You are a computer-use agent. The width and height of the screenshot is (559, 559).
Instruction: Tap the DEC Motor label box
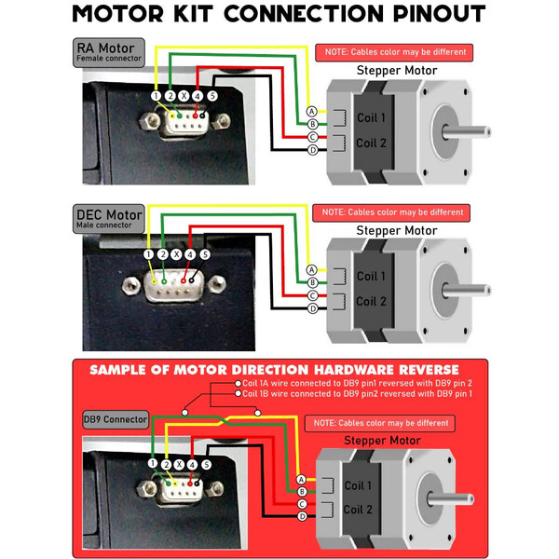pyautogui.click(x=109, y=220)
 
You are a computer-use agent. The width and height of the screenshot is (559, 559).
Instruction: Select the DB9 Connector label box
pyautogui.click(x=116, y=419)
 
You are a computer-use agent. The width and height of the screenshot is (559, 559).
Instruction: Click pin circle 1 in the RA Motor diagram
pyautogui.click(x=155, y=96)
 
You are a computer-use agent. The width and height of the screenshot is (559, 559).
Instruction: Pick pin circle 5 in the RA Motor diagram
pyautogui.click(x=212, y=96)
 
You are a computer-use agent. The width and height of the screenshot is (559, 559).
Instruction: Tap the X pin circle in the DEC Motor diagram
pyautogui.click(x=176, y=253)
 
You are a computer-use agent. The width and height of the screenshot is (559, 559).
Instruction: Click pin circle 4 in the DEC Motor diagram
pyautogui.click(x=190, y=253)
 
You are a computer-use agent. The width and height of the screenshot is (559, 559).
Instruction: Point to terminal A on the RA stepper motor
pyautogui.click(x=312, y=111)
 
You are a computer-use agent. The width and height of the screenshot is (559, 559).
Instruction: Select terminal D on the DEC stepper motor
pyautogui.click(x=312, y=307)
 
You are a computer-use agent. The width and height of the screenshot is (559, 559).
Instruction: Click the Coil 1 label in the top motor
pyautogui.click(x=371, y=118)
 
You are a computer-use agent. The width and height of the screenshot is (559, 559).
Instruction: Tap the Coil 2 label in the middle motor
pyautogui.click(x=371, y=302)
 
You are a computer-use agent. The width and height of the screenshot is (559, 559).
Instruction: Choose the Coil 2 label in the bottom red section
pyautogui.click(x=359, y=510)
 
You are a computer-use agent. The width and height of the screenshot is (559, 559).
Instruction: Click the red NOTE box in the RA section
pyautogui.click(x=392, y=52)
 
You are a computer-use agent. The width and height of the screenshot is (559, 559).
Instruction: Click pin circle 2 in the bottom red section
pyautogui.click(x=165, y=463)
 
